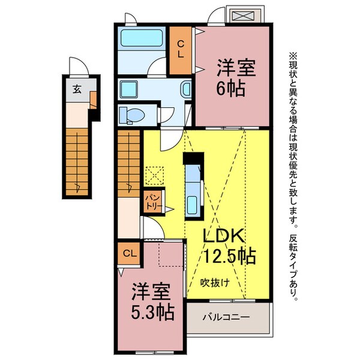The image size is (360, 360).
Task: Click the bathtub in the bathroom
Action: [x=142, y=38]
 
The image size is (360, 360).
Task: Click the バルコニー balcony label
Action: [x=226, y=317]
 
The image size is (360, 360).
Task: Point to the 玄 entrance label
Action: [x=77, y=89]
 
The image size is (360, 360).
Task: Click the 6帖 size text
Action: [x=230, y=88]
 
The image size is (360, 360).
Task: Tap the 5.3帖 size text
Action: [x=152, y=312]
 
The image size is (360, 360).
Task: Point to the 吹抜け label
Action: [x=215, y=283]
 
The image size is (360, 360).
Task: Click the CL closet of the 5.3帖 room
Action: [x=130, y=253]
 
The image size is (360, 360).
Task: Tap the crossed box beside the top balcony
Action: [x=244, y=16]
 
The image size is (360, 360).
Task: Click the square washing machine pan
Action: [x=129, y=89]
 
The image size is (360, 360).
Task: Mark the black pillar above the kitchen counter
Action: [x=193, y=158]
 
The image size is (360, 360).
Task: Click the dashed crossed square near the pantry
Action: [x=155, y=176]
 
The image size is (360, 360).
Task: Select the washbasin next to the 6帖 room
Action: [x=187, y=89]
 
